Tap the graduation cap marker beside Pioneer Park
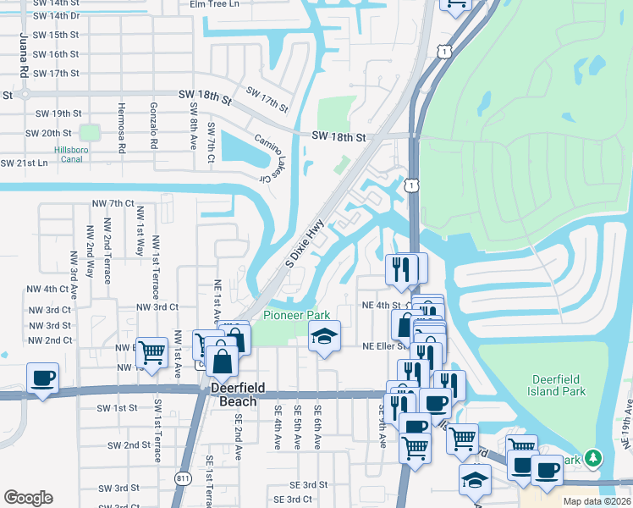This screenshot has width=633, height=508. point(323,337)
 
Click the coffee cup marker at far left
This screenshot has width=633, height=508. point(42,378)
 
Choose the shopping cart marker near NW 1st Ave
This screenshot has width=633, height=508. point(151,351)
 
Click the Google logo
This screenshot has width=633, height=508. point(28,498)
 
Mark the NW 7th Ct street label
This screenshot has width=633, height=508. point(113,204)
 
